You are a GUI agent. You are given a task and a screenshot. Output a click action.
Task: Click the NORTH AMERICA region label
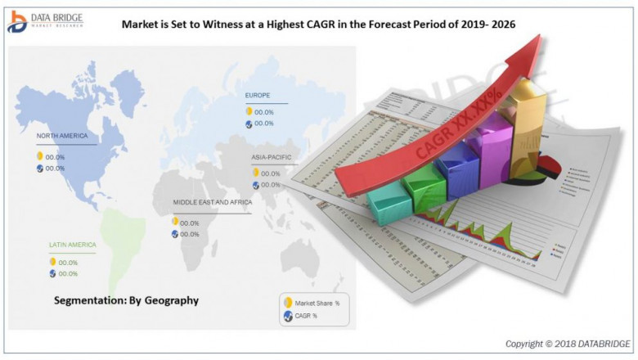click(62, 136)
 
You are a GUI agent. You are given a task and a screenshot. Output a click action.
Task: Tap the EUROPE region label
click(258, 96)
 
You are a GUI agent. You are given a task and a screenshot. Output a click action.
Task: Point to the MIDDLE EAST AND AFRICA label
click(212, 201)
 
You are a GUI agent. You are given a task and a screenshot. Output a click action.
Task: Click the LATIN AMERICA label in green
click(72, 245)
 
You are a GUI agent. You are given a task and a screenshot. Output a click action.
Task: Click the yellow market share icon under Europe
click(249, 111)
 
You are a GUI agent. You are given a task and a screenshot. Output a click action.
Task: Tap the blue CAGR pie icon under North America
click(39, 169)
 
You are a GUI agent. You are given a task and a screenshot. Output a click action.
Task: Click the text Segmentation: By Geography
click(126, 300)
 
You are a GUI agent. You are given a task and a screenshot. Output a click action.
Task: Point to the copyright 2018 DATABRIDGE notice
click(568, 343)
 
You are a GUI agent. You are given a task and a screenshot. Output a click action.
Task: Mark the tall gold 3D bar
click(528, 123)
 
